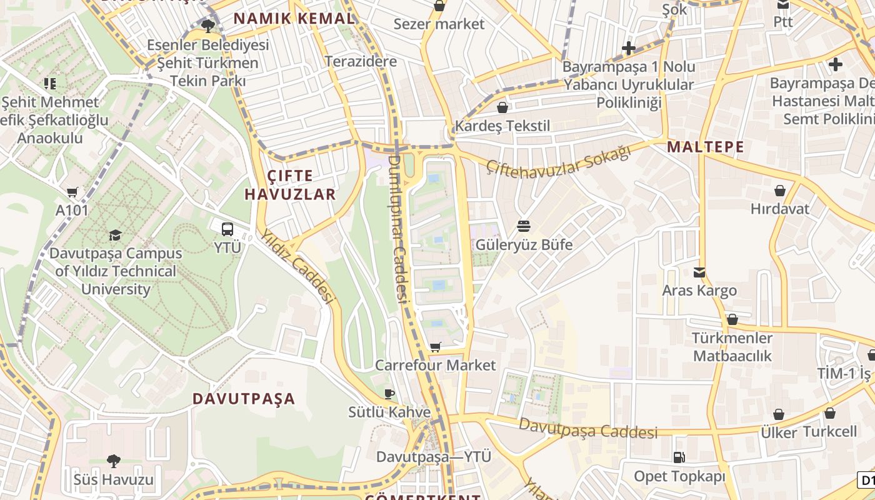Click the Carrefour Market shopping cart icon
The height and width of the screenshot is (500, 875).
click(x=436, y=347)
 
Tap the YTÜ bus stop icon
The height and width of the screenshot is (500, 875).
click(x=227, y=229)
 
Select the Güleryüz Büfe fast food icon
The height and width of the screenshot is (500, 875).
click(x=524, y=226)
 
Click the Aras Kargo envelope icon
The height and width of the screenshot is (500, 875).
click(x=699, y=272)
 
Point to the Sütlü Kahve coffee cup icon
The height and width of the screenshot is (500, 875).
click(x=389, y=394)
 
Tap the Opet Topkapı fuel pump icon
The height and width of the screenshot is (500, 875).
click(x=679, y=458)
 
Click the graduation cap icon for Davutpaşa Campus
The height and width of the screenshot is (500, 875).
click(x=115, y=235)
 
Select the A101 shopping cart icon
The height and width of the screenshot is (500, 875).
click(x=72, y=192)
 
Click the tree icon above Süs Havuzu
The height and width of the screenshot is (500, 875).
click(x=113, y=461)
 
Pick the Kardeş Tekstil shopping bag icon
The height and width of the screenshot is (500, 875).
click(x=502, y=107)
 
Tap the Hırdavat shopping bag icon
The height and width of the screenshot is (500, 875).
click(x=780, y=191)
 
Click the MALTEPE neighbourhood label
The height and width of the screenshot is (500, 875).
click(x=706, y=147)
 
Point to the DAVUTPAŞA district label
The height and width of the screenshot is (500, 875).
click(x=243, y=399)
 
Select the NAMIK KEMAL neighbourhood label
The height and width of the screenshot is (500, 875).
click(x=294, y=19)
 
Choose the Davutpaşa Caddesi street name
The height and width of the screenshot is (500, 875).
click(x=588, y=429)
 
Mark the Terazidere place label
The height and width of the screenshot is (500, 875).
click(x=361, y=61)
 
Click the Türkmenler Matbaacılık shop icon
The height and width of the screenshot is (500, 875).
click(x=732, y=320)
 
